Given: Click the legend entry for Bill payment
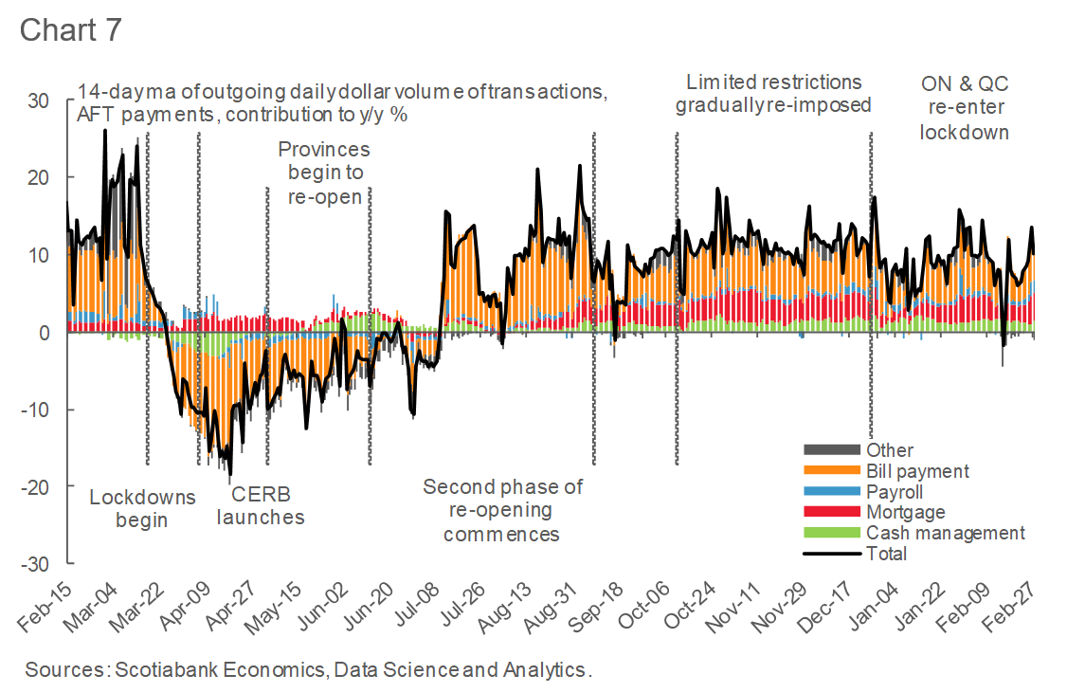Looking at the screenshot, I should pyautogui.click(x=917, y=471).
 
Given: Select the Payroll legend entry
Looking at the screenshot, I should pyautogui.click(x=894, y=492).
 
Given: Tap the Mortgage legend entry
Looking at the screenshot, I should pyautogui.click(x=905, y=513).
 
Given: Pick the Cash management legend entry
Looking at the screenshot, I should pyautogui.click(x=945, y=533).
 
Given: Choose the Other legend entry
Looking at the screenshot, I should pyautogui.click(x=889, y=450).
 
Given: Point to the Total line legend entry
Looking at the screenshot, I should pyautogui.click(x=886, y=554).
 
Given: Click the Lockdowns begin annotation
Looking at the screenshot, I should pyautogui.click(x=142, y=508).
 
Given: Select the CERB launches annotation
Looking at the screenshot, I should pyautogui.click(x=261, y=506).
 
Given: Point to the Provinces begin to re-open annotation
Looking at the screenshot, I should pyautogui.click(x=324, y=173).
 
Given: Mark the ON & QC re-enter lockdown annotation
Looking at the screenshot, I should pyautogui.click(x=964, y=107).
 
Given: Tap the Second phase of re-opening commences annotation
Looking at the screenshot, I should pyautogui.click(x=502, y=510).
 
